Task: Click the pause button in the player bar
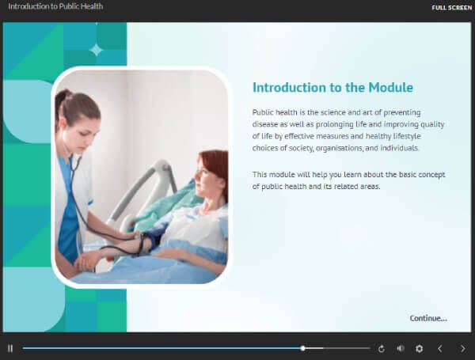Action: coord(10,348)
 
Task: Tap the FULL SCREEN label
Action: coord(452,8)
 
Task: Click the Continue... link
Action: coord(428,318)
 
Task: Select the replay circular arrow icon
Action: coord(382,349)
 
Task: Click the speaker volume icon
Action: coord(401,349)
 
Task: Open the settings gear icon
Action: coord(420,349)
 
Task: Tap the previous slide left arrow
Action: coord(440,349)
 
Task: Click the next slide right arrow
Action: coord(463,349)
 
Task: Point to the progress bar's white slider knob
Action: coord(302,348)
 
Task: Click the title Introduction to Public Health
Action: coord(55,6)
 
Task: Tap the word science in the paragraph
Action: coord(333,112)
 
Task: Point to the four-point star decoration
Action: coord(97,50)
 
